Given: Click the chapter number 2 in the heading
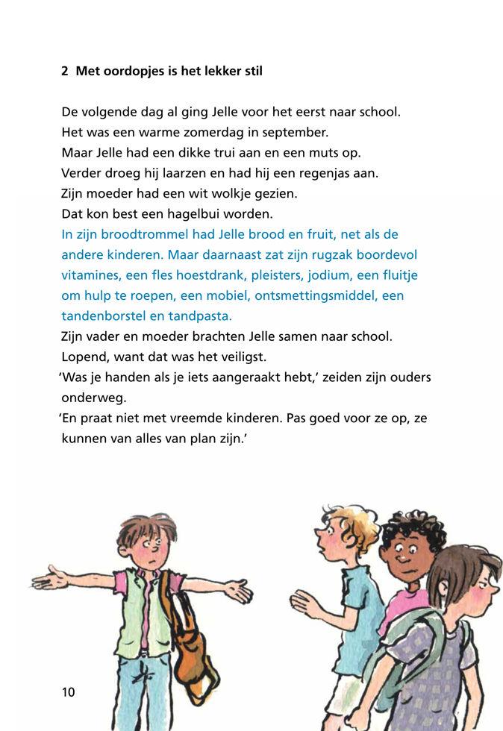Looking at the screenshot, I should [x=65, y=72].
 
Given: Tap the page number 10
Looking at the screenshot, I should [x=68, y=692].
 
